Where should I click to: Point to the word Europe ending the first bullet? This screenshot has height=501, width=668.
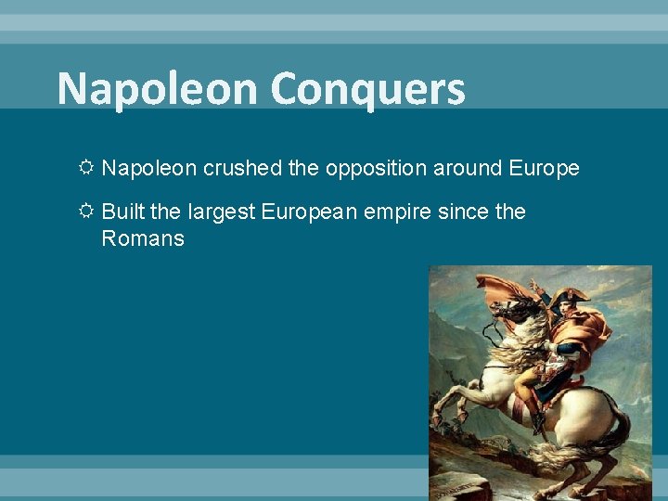tap(544, 168)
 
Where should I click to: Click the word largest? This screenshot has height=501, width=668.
tap(223, 212)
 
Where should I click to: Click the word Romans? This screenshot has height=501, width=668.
tap(143, 238)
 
